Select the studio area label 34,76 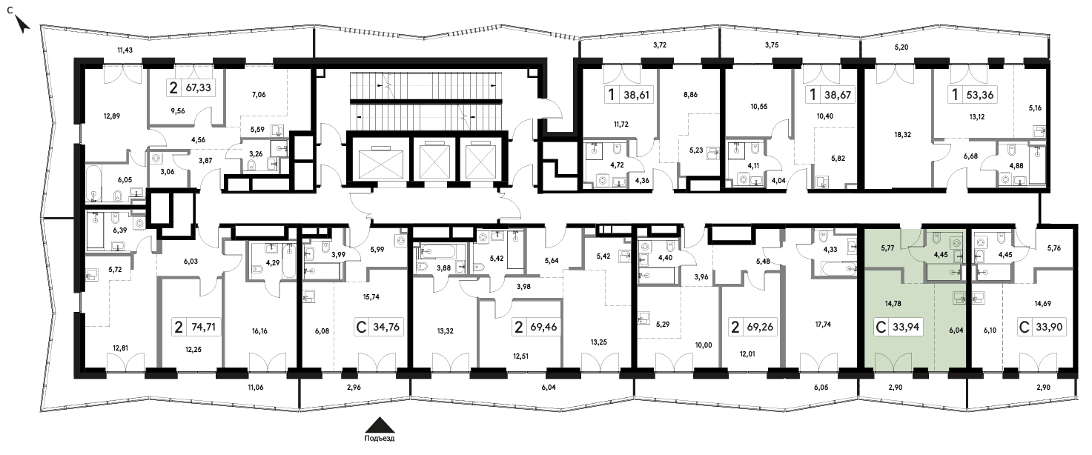tap(386, 327)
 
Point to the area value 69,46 tap(545, 327)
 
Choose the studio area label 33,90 tap(1048, 327)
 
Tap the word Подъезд tap(380, 439)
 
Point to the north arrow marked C tap(23, 24)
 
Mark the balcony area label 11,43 tap(127, 50)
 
